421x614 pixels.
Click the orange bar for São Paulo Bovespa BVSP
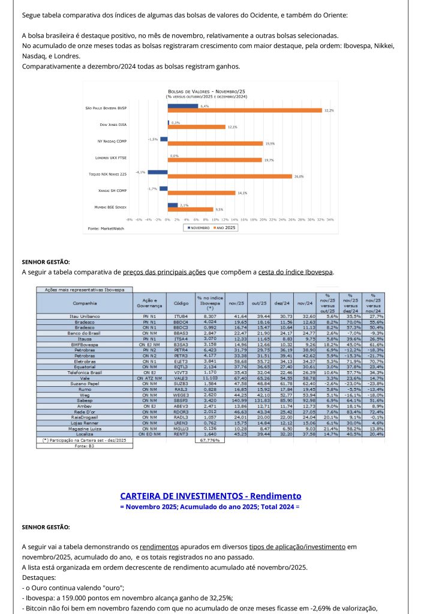(x=245, y=110)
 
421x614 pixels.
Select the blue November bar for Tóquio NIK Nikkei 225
(x=158, y=172)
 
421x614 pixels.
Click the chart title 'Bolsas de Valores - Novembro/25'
(x=206, y=91)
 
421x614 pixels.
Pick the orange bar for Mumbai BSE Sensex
(x=190, y=210)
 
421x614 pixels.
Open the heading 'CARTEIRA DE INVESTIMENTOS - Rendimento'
(x=210, y=496)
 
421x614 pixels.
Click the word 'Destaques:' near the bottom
(x=38, y=578)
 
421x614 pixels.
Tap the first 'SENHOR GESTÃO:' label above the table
(x=46, y=262)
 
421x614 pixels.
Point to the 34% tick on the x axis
(x=330, y=220)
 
